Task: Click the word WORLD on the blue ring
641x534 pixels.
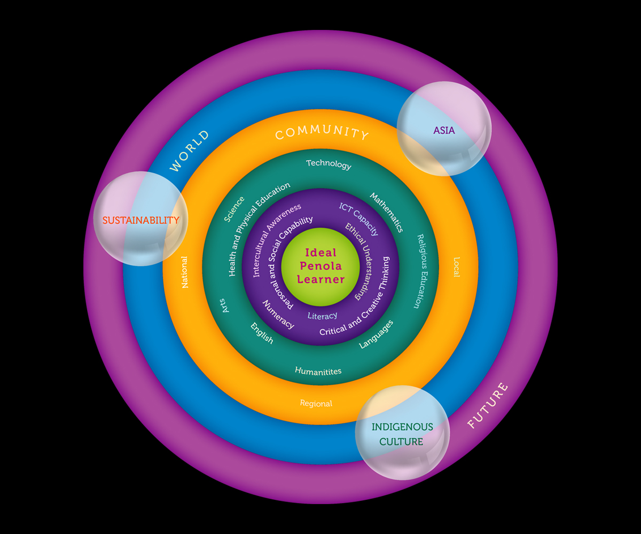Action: click(190, 151)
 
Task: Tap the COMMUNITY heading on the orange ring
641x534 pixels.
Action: click(322, 133)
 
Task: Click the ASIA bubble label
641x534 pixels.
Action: click(444, 130)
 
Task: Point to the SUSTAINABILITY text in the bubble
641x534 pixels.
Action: click(140, 220)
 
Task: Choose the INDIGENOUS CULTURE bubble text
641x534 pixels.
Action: click(402, 434)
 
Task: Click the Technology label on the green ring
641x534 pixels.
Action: click(329, 164)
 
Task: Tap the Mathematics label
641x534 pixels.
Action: click(387, 213)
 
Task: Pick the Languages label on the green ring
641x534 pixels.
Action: click(376, 334)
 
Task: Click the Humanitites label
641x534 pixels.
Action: click(318, 371)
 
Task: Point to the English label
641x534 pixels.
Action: click(262, 333)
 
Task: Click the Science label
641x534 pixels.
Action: click(234, 209)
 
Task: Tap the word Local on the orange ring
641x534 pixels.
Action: click(456, 267)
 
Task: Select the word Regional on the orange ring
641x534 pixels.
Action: click(316, 404)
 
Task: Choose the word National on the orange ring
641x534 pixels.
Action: click(185, 272)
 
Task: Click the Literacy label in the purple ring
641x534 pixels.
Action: click(322, 316)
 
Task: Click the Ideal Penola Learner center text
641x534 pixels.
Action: click(320, 265)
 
